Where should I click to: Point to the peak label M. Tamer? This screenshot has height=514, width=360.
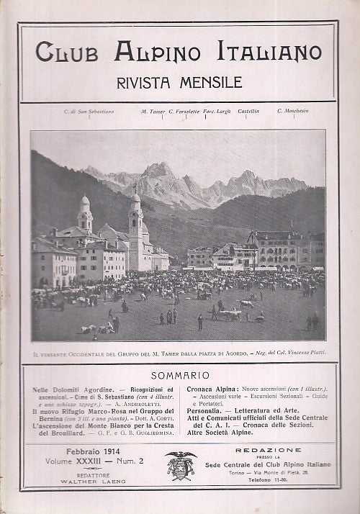tap(153, 112)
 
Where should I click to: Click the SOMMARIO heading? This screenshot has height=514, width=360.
tap(180, 375)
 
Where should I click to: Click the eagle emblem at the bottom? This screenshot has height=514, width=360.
tap(181, 465)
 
